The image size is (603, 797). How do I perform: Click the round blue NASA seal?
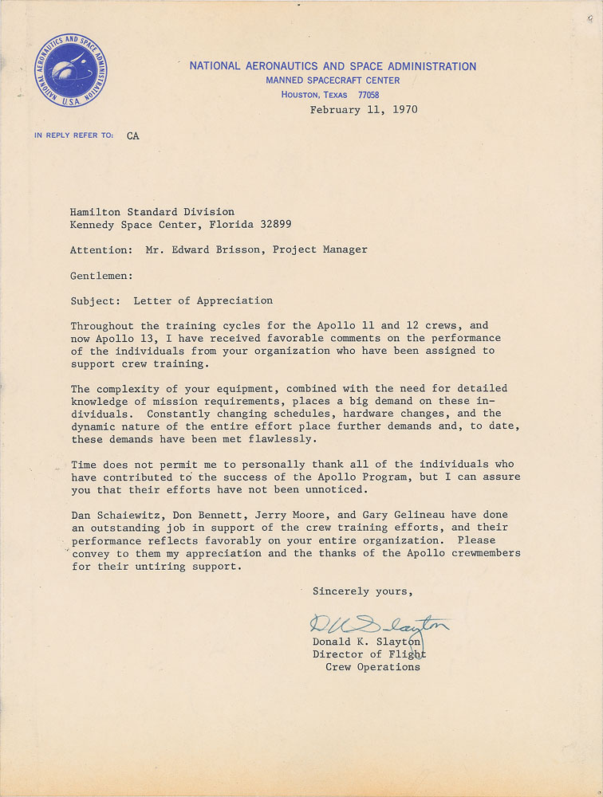coord(71,71)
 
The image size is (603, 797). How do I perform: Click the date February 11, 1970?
coord(363,110)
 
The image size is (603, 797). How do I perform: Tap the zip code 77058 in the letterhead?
coord(368,95)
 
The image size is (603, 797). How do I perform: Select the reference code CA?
coord(132,136)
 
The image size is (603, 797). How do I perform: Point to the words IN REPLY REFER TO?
coord(74,135)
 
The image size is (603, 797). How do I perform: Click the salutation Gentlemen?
coord(101,275)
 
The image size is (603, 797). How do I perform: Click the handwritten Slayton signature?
coord(379,625)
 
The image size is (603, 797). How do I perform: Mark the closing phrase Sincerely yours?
coord(363,591)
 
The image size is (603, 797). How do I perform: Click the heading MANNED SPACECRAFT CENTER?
coord(333,80)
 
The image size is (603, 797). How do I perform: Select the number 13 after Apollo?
coord(140,339)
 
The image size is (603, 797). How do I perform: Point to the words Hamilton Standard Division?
coord(152,212)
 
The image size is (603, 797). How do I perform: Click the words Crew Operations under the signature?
coord(372,667)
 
